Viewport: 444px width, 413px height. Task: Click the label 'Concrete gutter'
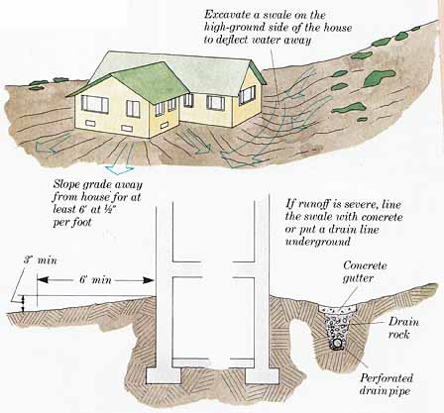[365, 271]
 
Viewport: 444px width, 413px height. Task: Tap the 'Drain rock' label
[403, 328]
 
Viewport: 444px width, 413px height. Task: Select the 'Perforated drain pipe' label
[387, 384]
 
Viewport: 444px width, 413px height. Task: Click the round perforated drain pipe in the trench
[337, 344]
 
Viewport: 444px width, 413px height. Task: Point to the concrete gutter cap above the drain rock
[338, 308]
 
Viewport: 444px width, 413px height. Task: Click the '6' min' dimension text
[95, 280]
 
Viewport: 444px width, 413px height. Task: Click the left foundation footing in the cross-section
[164, 375]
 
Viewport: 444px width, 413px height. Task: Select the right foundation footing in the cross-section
[262, 375]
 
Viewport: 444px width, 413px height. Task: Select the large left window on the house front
[95, 104]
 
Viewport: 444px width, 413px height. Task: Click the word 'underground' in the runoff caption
[317, 242]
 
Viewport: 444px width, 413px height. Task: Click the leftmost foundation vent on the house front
[90, 123]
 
